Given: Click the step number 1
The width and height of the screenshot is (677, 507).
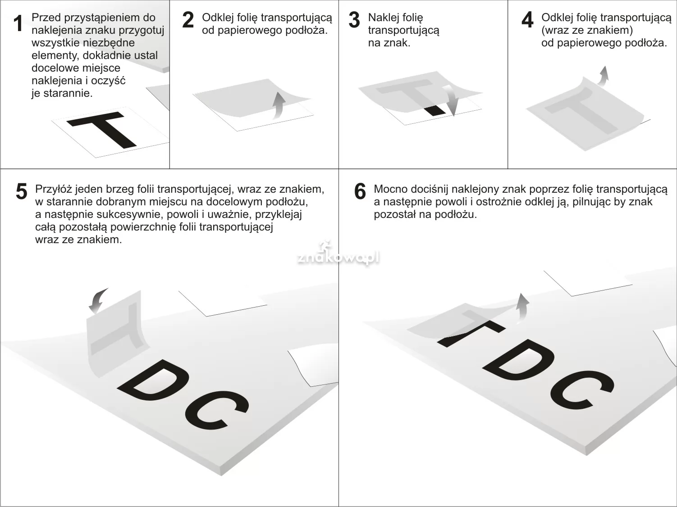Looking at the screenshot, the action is click(18, 23).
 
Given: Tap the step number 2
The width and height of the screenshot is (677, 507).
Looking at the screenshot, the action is click(188, 20).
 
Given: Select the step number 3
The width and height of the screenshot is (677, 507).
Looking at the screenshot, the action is click(354, 20).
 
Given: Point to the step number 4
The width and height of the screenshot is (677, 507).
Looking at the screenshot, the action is click(527, 20).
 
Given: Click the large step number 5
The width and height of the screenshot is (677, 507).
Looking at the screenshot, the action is click(22, 191).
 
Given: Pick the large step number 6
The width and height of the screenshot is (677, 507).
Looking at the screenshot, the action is click(360, 191).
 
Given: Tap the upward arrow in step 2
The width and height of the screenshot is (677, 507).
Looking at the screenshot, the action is click(279, 105).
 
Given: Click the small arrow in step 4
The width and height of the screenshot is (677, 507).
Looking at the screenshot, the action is click(603, 76).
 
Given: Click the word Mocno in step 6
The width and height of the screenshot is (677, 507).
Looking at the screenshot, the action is click(390, 189).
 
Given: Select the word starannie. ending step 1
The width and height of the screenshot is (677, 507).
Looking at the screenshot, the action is click(68, 93).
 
